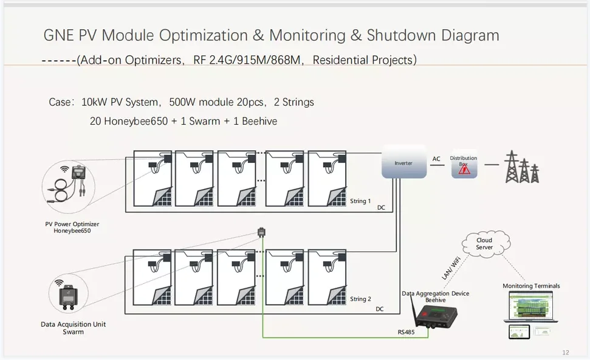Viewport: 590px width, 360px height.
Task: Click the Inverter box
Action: (403, 163)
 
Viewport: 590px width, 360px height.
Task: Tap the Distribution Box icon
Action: (464, 165)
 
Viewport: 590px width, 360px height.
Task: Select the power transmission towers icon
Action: (522, 166)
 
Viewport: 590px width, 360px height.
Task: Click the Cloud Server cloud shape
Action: (484, 244)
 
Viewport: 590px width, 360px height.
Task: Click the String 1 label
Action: (360, 201)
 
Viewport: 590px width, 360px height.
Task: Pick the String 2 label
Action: (360, 299)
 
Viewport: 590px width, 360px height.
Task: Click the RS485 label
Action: (406, 332)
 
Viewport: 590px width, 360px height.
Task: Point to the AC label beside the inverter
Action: (436, 159)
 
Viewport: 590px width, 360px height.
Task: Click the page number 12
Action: (566, 352)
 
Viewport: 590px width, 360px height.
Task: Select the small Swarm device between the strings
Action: (261, 232)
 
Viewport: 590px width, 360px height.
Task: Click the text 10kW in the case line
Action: (94, 102)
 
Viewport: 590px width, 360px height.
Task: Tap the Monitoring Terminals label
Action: (531, 286)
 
